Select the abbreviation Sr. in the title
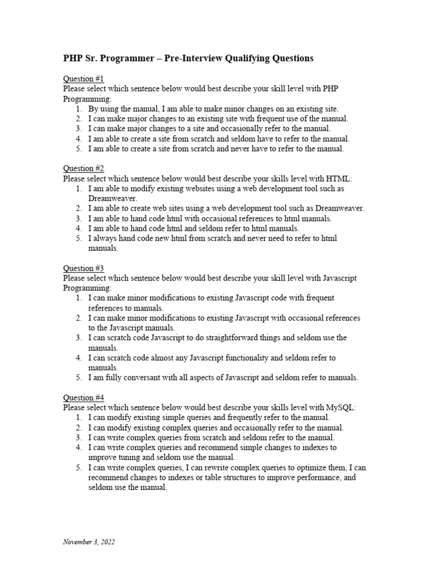(93, 58)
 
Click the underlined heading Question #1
(83, 78)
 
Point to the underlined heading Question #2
(83, 168)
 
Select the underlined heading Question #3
(83, 268)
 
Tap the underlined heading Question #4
(83, 398)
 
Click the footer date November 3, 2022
(89, 542)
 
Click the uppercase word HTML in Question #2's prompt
(339, 178)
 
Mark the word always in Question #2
(104, 238)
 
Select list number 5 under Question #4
(78, 468)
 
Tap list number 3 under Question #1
(78, 128)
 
